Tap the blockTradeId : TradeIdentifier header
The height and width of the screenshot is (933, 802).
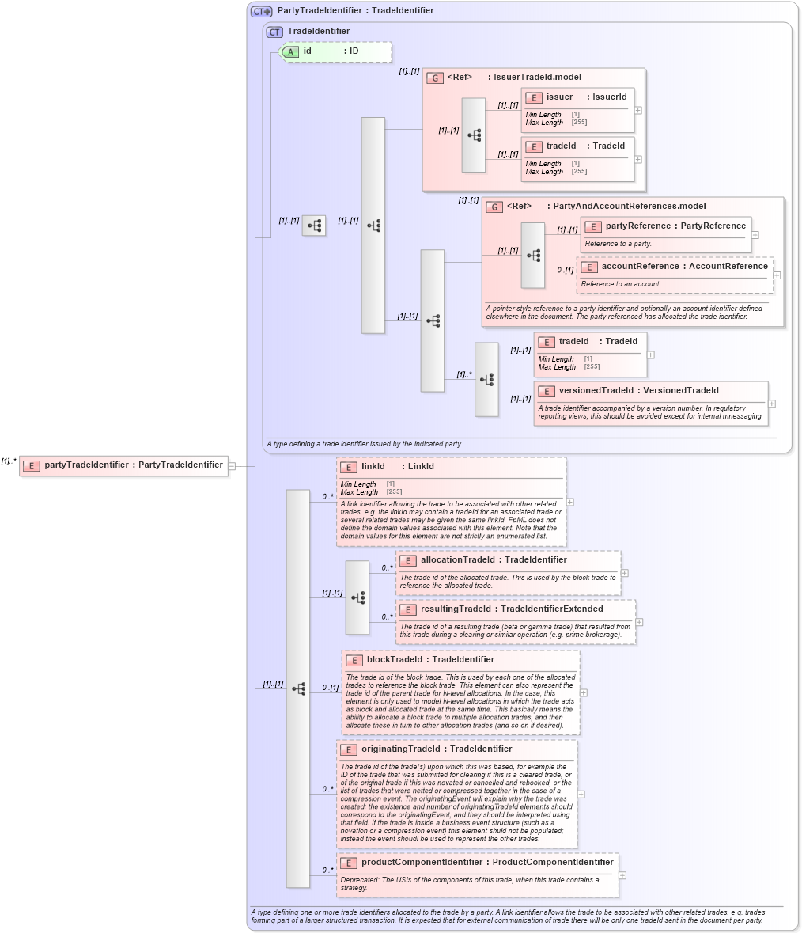pyautogui.click(x=430, y=660)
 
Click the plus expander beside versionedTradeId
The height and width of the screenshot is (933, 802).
pyautogui.click(x=772, y=404)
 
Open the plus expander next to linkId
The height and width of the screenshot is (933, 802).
pyautogui.click(x=570, y=502)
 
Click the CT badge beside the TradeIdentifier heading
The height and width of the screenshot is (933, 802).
pyautogui.click(x=274, y=32)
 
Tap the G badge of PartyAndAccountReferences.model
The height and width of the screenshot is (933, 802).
pyautogui.click(x=494, y=207)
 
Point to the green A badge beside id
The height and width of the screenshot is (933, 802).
pyautogui.click(x=291, y=52)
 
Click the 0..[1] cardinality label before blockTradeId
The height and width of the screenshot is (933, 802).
pyautogui.click(x=331, y=688)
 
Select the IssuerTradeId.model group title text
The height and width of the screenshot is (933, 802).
pyautogui.click(x=537, y=78)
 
